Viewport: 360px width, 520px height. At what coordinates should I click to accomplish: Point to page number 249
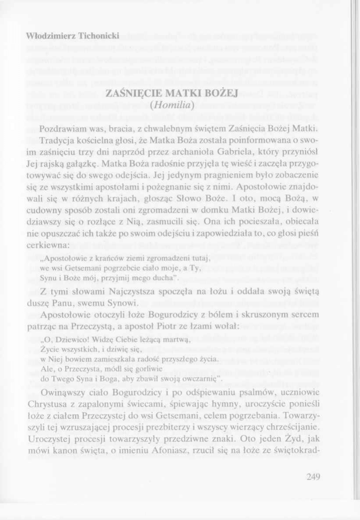click(x=313, y=476)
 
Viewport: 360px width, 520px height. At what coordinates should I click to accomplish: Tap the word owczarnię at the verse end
click(x=199, y=378)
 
